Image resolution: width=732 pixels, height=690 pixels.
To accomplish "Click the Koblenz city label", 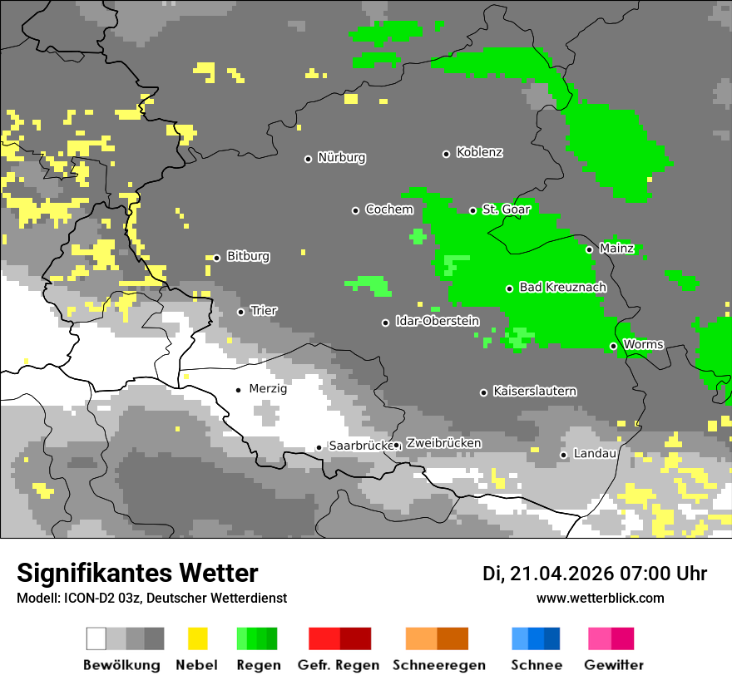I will [479, 152].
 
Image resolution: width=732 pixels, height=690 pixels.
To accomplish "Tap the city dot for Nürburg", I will [308, 159].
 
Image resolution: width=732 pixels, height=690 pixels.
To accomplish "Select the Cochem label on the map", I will [389, 209].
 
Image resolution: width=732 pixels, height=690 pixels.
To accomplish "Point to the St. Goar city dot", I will [472, 210].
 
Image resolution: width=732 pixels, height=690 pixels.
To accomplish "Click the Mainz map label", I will [616, 249].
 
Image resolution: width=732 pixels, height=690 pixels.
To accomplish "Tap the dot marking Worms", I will [613, 346].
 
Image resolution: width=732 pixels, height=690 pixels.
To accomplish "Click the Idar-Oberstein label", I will [437, 322].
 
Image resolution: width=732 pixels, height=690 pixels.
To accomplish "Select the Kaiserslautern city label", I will [534, 391].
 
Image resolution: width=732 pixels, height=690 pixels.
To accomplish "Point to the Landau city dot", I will [563, 455].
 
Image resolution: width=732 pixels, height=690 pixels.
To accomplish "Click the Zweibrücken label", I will [443, 443].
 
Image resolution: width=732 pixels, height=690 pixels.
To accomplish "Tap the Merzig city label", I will [268, 388].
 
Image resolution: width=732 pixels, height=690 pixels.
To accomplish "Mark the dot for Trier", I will [240, 312].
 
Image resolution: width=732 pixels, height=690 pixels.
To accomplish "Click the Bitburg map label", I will [248, 256].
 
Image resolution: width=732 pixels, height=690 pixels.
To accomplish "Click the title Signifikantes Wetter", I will [137, 574].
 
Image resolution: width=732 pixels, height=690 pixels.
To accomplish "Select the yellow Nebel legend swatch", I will [197, 638].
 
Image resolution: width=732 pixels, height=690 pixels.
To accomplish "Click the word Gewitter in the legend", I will [613, 665].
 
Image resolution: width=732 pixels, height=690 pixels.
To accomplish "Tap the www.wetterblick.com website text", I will [600, 598].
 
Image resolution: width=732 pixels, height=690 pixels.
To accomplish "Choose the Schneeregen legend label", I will [438, 665].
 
